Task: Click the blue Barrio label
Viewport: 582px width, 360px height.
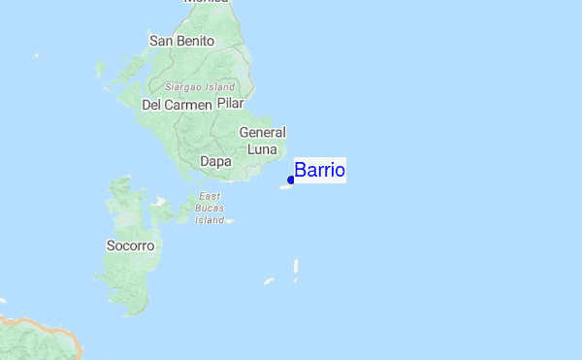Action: click(319, 171)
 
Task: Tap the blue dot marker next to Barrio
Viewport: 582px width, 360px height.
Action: click(291, 180)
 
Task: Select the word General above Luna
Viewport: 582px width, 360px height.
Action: click(262, 133)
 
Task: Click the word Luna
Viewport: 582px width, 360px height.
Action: click(262, 149)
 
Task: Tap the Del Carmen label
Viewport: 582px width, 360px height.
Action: click(177, 105)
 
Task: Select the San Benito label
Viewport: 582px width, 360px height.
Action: click(180, 41)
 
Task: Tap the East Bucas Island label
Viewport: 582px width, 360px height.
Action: click(210, 209)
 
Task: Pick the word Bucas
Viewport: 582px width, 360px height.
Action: click(210, 209)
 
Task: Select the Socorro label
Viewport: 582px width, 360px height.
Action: click(130, 246)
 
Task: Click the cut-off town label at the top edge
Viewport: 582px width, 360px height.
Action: click(206, 3)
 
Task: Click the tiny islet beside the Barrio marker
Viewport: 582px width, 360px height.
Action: click(285, 186)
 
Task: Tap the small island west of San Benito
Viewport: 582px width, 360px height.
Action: click(100, 70)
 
